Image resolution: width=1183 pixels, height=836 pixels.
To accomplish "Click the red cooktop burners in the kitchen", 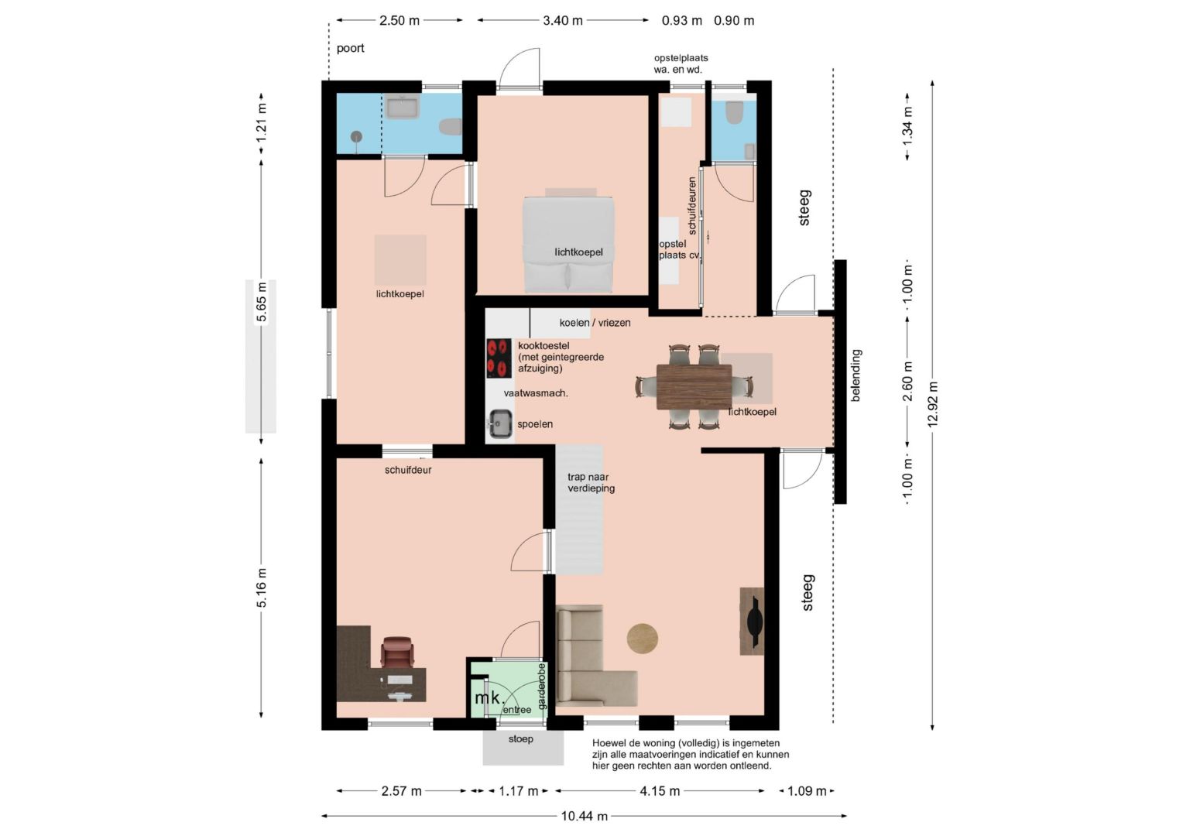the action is point(499,358).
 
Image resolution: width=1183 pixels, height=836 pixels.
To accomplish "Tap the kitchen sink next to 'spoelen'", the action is point(499,423).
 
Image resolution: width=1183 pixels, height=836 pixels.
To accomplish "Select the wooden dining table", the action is point(694,387).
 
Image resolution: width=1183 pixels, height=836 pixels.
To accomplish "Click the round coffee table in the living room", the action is point(642,639).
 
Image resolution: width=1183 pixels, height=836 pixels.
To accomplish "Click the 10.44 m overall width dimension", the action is point(584,816).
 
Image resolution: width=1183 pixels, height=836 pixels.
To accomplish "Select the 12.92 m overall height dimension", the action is point(932,405).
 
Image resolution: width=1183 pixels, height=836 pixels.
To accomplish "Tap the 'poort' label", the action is point(350,48).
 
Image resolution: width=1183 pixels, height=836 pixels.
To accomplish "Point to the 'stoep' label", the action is point(521,738).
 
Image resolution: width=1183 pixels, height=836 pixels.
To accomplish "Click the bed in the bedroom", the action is point(569,244).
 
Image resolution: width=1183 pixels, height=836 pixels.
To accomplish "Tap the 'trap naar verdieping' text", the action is point(591,483).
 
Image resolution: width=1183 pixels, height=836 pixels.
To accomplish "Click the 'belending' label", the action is point(856,375).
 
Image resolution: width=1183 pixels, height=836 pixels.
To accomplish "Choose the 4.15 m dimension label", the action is point(660,790).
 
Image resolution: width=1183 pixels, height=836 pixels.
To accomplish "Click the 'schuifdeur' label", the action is point(408,470).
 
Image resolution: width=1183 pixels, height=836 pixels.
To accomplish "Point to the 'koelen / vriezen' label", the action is point(595,323).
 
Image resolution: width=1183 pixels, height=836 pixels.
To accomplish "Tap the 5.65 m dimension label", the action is point(262,302).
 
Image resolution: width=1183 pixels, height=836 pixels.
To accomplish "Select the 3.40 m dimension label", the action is point(562,21).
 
